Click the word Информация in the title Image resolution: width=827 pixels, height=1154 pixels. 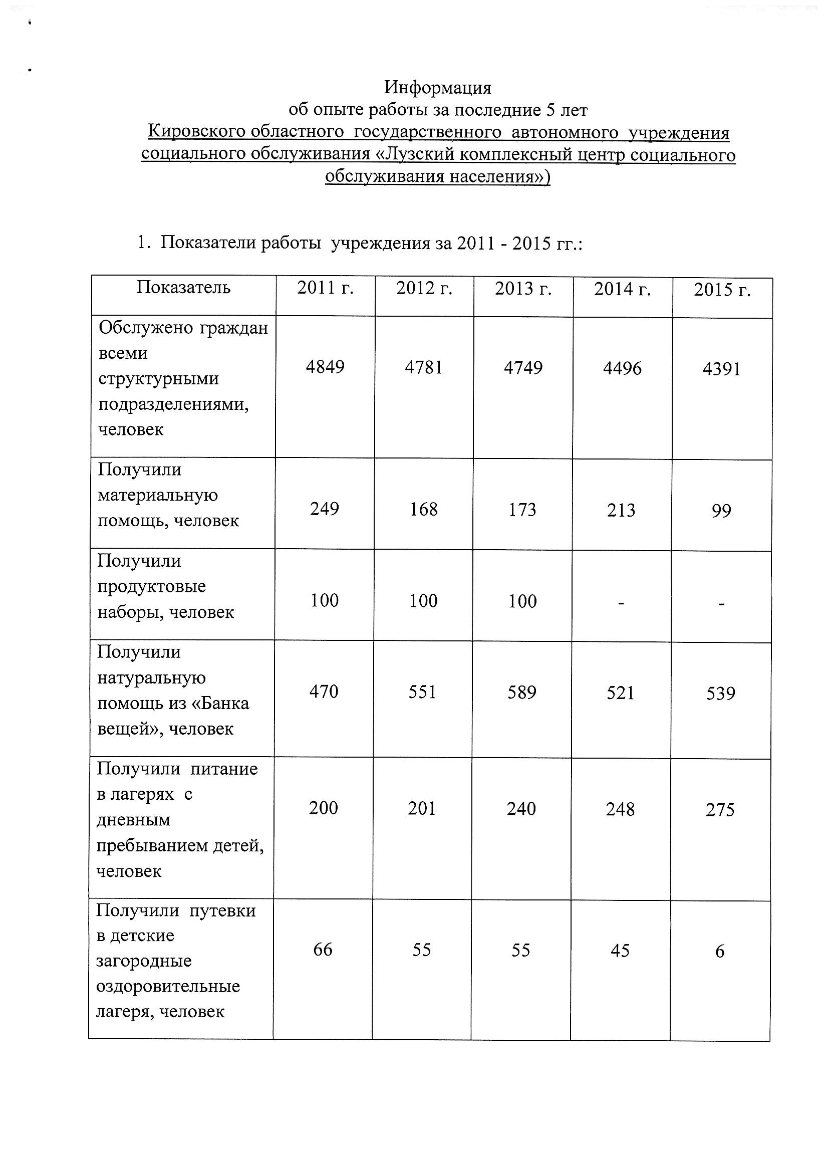[x=437, y=88]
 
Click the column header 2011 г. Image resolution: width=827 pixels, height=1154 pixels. [x=325, y=288]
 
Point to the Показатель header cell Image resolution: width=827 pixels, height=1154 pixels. [x=183, y=288]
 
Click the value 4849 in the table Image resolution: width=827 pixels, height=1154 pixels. [x=325, y=367]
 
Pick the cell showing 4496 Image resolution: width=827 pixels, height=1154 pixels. [x=622, y=368]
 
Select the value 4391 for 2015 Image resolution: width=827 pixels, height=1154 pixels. [x=721, y=369]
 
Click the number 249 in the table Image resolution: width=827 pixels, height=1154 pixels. [x=325, y=508]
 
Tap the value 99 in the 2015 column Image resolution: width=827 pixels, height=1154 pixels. [x=721, y=510]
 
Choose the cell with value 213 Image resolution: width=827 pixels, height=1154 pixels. [x=621, y=510]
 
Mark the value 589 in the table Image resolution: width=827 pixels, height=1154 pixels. [x=522, y=693]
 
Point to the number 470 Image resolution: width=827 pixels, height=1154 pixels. [x=324, y=691]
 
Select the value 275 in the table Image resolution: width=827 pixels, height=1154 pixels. [x=720, y=810]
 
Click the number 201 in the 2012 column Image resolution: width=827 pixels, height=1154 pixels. [x=422, y=809]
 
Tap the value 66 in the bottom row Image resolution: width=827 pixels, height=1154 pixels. [x=323, y=950]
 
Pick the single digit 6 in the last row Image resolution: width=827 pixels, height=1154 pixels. [x=719, y=952]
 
